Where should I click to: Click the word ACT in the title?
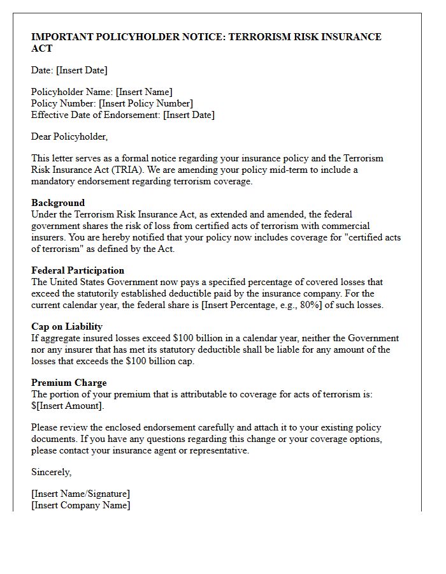pos(42,48)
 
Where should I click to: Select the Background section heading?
pos(58,203)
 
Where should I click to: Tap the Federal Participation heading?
pos(78,270)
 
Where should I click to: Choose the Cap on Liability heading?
pos(67,327)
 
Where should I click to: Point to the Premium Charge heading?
pos(69,383)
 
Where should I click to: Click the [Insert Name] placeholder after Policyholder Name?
pos(144,92)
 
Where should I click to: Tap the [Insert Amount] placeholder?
pos(69,406)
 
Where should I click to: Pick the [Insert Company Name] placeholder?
pos(81,506)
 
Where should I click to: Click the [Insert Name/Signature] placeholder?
pos(80,494)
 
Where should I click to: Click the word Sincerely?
pos(52,473)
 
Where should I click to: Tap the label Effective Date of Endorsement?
pos(96,115)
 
